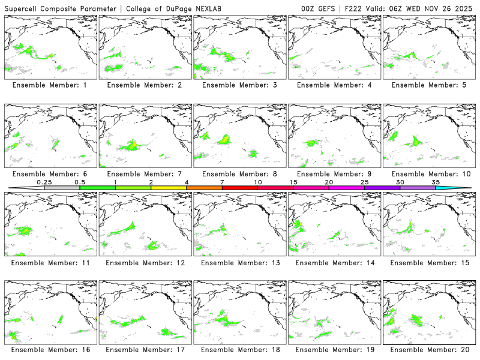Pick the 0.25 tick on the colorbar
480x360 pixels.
click(44, 182)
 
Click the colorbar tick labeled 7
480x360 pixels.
click(222, 182)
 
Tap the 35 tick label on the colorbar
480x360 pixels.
click(436, 182)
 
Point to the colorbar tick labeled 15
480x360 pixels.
click(293, 182)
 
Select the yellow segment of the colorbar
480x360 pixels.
click(169, 188)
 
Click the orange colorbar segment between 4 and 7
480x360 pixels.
click(204, 188)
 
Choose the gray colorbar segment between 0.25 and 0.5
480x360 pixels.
click(62, 188)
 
